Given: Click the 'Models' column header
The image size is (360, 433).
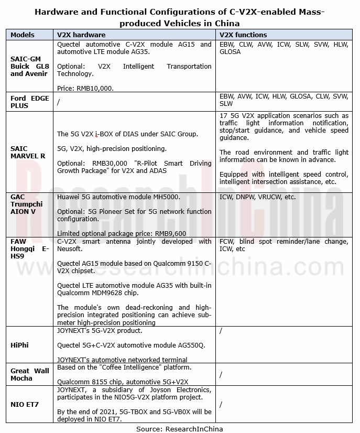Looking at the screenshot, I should (23, 35).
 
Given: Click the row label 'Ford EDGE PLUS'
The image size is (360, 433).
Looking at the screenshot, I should (29, 102).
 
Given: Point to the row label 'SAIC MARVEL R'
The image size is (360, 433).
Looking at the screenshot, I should (28, 152).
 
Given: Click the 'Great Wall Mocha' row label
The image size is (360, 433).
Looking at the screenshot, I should (29, 374).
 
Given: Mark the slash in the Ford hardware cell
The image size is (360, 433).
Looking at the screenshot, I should (58, 102).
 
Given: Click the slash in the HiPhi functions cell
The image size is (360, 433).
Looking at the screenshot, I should (221, 331).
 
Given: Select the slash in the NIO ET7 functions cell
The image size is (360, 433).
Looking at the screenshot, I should (221, 404).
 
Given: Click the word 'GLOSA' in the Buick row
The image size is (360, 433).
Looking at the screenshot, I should (230, 52).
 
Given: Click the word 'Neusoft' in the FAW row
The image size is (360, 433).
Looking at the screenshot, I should (69, 249).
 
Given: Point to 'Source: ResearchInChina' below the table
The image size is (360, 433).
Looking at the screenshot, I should (180, 429).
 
